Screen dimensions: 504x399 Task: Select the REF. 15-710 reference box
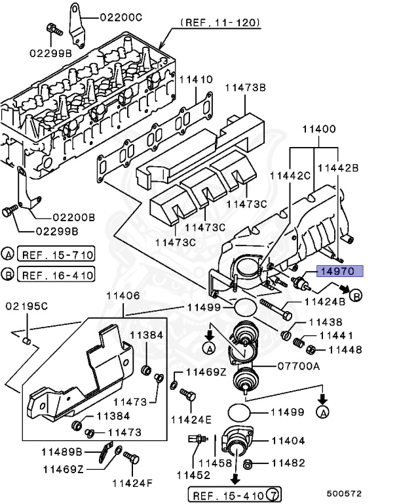coord(56,254)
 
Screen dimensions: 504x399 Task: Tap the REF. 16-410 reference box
coord(56,274)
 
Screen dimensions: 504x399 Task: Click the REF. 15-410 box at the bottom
coord(227,493)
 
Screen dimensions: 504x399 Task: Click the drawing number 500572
coord(345,493)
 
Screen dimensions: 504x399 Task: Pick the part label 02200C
coord(123,18)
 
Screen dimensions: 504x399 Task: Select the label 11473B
coord(246,87)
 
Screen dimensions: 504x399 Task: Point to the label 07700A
coord(297,366)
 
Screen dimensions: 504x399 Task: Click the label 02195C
coord(26,306)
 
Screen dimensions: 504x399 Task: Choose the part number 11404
coord(289,441)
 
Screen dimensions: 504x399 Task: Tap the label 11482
coord(289,463)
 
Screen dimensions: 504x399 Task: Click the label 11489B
coord(64,451)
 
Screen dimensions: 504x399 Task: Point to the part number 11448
coord(345,350)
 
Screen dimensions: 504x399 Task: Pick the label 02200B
coord(73,217)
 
